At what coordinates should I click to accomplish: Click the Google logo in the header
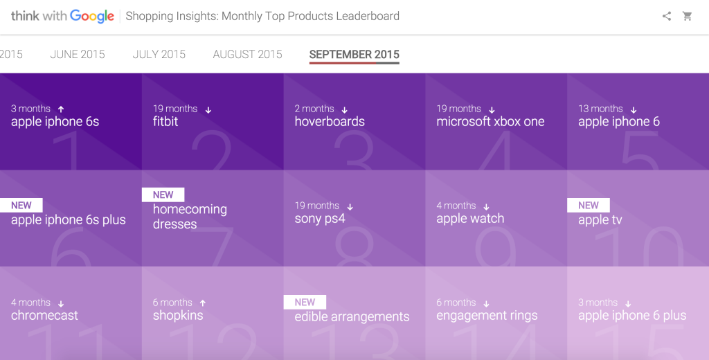(x=92, y=17)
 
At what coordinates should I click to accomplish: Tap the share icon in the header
(x=667, y=17)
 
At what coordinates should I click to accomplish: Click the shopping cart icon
(x=688, y=17)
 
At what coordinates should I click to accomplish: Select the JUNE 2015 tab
(x=78, y=54)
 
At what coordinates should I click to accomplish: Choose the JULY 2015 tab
(x=159, y=54)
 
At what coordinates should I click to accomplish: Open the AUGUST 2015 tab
(x=247, y=54)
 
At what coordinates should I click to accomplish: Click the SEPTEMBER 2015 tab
(x=354, y=54)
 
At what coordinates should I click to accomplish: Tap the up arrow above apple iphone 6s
(x=61, y=109)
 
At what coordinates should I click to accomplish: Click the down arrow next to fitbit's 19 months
(x=208, y=109)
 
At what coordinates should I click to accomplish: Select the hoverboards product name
(x=330, y=121)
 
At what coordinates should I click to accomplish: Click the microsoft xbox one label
(x=490, y=121)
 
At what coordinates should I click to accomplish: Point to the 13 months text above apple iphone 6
(x=600, y=109)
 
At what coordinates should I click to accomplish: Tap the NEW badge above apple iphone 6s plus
(x=21, y=206)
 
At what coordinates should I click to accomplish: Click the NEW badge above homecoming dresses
(x=163, y=195)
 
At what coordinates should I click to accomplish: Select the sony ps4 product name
(x=320, y=219)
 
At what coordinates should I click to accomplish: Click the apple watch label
(x=470, y=219)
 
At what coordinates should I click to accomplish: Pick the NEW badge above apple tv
(x=589, y=206)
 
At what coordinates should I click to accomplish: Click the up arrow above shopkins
(x=203, y=303)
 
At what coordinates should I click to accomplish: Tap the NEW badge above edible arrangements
(x=305, y=302)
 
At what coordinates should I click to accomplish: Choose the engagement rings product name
(x=487, y=316)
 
